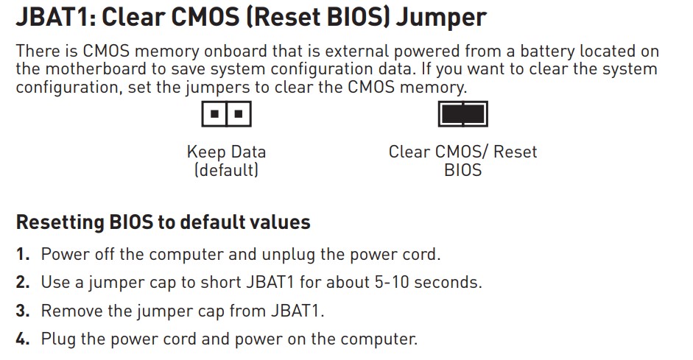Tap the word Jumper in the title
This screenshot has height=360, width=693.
click(x=440, y=17)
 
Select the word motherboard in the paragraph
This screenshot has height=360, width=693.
click(x=98, y=69)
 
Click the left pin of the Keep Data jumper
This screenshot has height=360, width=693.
click(x=214, y=115)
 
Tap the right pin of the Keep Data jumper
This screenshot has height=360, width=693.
click(x=238, y=115)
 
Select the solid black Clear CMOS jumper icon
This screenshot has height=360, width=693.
click(x=462, y=115)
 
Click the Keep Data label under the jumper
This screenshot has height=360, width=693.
click(x=226, y=152)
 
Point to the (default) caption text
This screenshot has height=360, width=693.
click(x=226, y=170)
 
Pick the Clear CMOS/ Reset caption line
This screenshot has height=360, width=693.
click(x=462, y=152)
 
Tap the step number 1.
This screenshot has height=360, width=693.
click(x=23, y=255)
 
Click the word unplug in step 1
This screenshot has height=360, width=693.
click(x=289, y=255)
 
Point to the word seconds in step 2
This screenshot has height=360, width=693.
click(x=448, y=283)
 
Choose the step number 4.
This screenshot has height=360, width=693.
click(x=23, y=339)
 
